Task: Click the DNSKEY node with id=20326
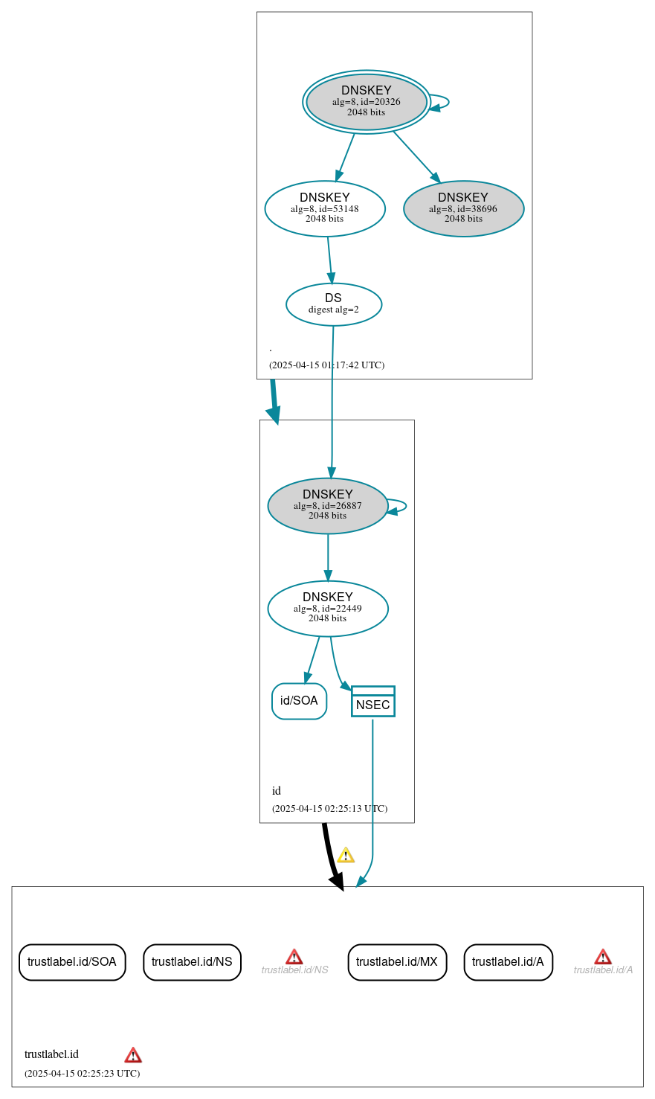366,102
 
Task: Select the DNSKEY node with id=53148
325,209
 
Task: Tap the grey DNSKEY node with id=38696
463,209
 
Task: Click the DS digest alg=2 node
334,304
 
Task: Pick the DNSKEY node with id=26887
328,506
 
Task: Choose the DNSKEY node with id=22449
328,609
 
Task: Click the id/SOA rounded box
299,701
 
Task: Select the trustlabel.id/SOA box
72,962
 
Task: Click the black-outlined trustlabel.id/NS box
192,962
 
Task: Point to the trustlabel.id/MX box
397,962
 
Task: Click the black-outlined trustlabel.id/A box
508,962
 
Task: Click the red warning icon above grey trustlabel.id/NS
294,957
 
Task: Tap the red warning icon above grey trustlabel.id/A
603,957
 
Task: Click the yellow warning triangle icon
346,855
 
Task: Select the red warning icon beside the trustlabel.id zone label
133,1055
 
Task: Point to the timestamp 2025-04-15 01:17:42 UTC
327,365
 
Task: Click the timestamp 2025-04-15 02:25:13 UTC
329,809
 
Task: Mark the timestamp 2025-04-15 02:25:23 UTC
82,1074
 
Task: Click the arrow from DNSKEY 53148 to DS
329,260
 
